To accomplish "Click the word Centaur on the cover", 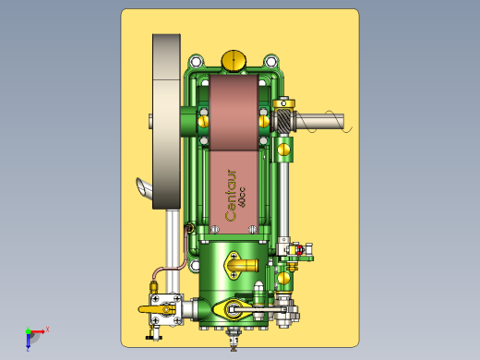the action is pos(231,195).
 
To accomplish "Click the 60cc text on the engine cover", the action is pos(242,197).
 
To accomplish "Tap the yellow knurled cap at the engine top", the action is pos(234,61).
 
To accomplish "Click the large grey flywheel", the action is pos(166,122).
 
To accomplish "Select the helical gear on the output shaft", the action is pos(283,121).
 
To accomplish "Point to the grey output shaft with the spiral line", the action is pos(320,121).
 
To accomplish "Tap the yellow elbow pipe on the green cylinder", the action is pos(242,265).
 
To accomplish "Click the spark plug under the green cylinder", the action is pos(234,339).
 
